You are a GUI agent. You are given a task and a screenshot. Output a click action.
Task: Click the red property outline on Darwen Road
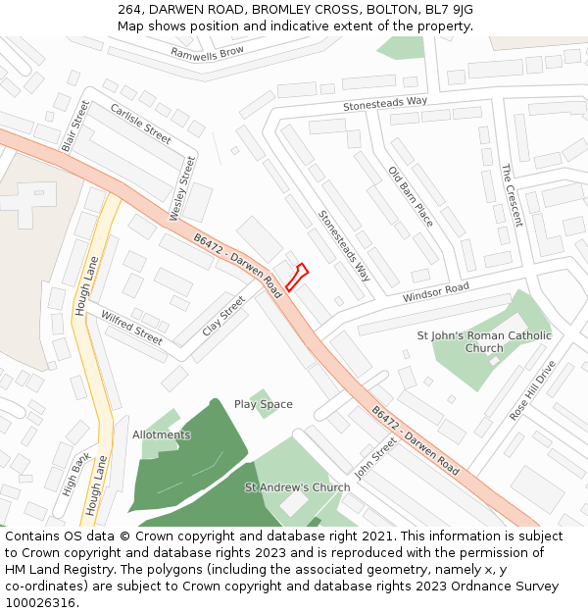pos(297,278)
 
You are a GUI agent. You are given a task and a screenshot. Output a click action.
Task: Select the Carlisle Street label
pos(140,124)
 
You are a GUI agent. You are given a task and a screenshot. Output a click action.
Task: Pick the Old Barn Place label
pos(411,196)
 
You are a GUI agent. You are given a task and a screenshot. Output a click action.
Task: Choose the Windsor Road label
pos(435,292)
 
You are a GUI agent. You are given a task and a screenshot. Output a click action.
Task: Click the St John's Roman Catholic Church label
pos(484,341)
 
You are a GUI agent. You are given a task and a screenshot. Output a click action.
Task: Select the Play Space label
pos(263,404)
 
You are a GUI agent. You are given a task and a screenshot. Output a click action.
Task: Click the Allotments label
pos(162,434)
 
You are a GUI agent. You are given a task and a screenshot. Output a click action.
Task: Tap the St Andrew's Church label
pos(297,487)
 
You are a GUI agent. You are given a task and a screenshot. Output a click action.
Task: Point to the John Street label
pos(375,458)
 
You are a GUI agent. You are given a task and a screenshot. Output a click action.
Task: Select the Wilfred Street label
pos(131,328)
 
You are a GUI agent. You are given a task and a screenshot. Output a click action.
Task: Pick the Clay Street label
pos(223,316)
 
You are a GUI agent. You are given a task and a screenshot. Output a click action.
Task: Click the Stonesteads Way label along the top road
pos(385,102)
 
